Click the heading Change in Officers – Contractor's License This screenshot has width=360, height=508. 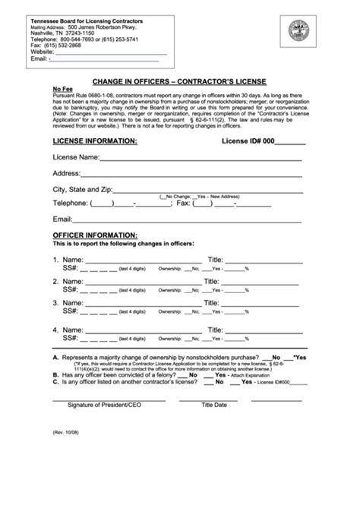(179, 80)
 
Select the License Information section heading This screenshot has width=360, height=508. (95, 140)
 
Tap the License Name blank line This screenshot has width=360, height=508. (201, 159)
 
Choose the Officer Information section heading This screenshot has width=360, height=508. (95, 235)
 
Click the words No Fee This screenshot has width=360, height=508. (62, 88)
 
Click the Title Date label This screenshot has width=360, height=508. (214, 405)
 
